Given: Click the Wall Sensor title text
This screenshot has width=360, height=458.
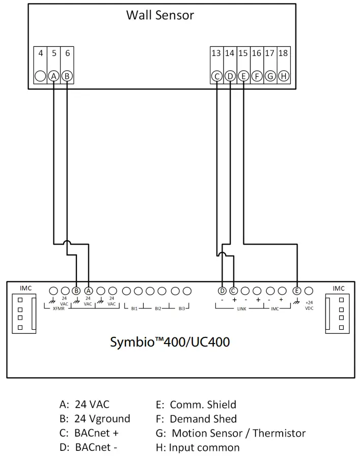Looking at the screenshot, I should pos(160,15).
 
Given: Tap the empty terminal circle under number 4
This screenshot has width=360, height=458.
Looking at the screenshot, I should pos(41,76).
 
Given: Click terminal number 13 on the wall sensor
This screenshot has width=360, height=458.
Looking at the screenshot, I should pos(216,53).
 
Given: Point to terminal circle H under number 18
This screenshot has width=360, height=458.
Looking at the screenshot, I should pos(284,76).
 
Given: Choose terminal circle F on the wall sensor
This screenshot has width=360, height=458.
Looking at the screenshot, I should pos(257,76).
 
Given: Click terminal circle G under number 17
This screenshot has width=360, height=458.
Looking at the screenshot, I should pos(270,76).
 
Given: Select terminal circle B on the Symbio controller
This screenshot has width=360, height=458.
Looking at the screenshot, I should pos(76,291).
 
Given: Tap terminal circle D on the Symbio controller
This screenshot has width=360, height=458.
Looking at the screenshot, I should pos(222,291).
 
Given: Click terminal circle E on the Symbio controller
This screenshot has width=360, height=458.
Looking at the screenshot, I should pos(297,291).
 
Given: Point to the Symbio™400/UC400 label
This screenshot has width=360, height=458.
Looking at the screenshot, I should pos(170,342).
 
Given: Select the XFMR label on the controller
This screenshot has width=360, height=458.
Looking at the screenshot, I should pos(59,308).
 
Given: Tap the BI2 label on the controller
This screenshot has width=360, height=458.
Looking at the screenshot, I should pos(158,308).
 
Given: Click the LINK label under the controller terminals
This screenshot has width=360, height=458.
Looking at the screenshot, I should pos(242,308).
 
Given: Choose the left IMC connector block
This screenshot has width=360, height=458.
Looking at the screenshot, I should pos(23,313).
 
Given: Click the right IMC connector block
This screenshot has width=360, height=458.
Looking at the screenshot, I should pos(337,313).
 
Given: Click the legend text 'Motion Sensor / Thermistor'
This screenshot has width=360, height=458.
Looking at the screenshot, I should pos(238,433).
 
